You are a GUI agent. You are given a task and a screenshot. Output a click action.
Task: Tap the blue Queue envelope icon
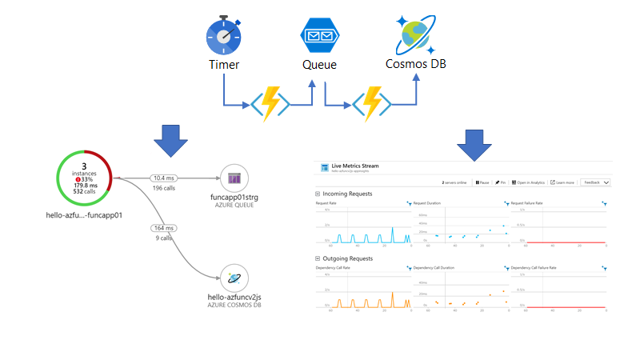tap(319, 37)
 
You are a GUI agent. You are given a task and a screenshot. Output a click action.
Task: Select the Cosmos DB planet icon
tap(415, 35)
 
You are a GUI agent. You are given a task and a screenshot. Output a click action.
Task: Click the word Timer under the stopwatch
tap(224, 65)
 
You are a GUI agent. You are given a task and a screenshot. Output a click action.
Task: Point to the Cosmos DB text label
tap(415, 64)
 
